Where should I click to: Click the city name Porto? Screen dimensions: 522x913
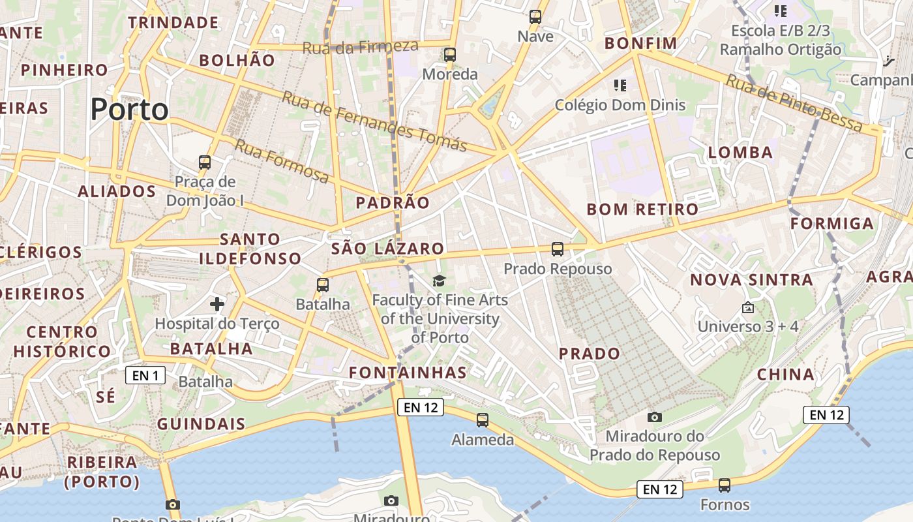click(129, 109)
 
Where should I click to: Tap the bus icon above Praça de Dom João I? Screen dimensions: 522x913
click(205, 162)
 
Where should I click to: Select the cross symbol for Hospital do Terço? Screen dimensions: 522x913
click(217, 304)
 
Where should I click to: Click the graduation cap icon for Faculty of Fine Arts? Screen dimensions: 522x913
click(440, 281)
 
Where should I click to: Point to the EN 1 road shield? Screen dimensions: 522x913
click(145, 375)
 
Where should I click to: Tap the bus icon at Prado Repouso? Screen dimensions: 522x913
click(557, 249)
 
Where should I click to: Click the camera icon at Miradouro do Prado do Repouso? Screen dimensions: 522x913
click(655, 417)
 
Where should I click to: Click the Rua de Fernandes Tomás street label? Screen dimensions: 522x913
click(374, 121)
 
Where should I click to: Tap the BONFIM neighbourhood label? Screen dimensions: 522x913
click(641, 44)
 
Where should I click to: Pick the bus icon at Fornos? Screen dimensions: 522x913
click(725, 485)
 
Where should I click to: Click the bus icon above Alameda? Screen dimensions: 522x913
click(483, 420)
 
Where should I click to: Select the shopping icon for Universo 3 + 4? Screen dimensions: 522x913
click(747, 307)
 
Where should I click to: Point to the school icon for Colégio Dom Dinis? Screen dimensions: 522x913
click(620, 85)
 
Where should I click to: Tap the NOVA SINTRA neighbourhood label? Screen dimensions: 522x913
click(751, 280)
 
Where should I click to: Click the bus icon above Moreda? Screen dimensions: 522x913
click(449, 54)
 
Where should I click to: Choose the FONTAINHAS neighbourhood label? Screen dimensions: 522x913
click(408, 373)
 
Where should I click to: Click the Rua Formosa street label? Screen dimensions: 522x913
click(282, 161)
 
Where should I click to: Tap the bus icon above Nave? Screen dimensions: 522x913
click(535, 17)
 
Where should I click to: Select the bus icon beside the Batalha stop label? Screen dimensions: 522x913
click(322, 284)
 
